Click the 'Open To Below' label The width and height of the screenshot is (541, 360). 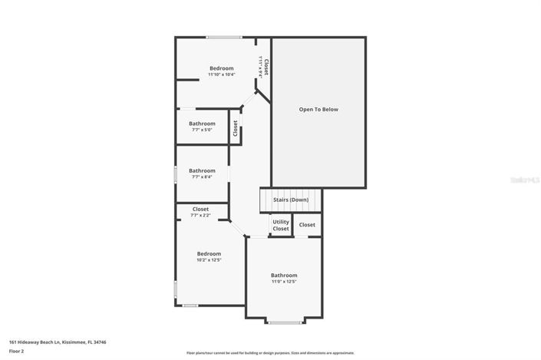coord(318,110)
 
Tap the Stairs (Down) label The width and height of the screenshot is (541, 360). coord(291,200)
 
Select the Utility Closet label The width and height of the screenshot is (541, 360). coord(281,225)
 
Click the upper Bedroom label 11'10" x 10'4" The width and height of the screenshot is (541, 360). coord(221,68)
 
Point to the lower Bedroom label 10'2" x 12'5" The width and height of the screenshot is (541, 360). coord(209,254)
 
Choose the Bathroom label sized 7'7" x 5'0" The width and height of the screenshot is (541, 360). coord(203,124)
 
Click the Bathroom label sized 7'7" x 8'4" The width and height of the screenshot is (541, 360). coord(203,170)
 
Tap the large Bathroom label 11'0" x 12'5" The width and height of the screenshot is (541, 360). coord(284,276)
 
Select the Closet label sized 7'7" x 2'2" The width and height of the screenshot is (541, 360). coord(200,209)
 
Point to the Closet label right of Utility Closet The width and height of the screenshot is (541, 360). coord(307,225)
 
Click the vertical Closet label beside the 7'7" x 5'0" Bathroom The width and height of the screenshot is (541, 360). coord(235,128)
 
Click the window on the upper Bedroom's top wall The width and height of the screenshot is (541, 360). coord(224,37)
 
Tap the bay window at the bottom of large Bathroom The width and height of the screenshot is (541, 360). coord(284,321)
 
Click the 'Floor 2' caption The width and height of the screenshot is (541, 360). coord(17,351)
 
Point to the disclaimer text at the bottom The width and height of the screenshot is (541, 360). coord(269,353)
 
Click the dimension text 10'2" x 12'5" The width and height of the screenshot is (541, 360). coord(209,260)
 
